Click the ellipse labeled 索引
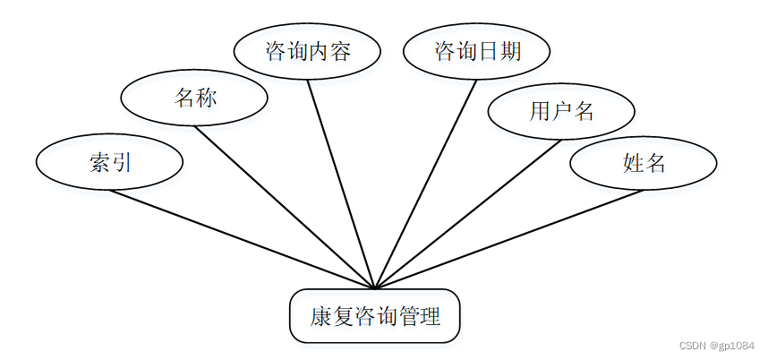point(109,162)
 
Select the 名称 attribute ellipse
point(193,97)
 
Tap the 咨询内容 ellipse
point(307,51)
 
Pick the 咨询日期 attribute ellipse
point(476,51)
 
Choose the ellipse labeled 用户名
point(561,111)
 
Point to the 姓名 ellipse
point(644,163)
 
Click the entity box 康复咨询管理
point(375,316)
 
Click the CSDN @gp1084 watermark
point(716,347)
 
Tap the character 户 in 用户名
point(562,111)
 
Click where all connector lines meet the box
point(375,288)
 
